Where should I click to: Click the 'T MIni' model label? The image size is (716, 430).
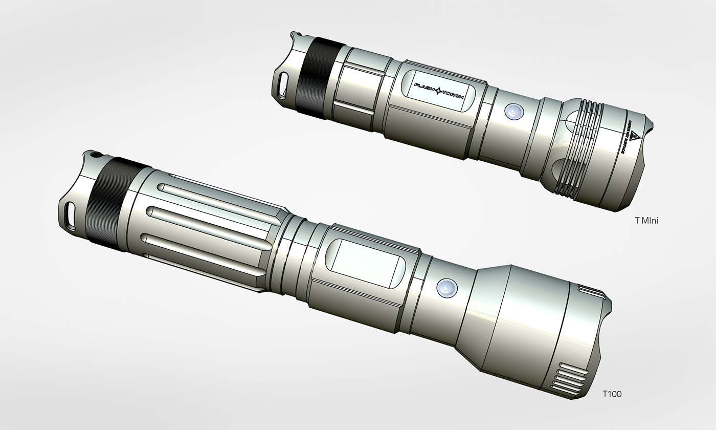[646, 221]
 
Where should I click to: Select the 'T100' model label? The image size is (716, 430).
[612, 394]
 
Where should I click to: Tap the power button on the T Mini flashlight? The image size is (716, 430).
[512, 111]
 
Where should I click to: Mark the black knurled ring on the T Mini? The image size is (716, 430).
[313, 78]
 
